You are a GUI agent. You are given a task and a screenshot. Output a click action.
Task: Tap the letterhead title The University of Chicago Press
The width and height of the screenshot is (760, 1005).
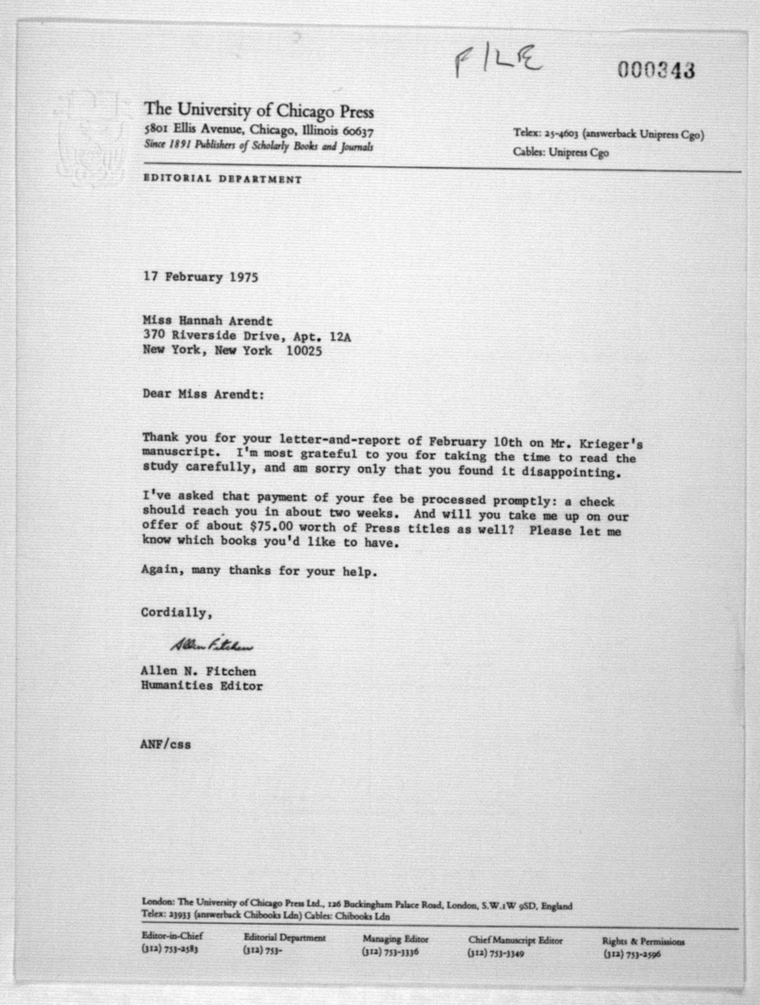(259, 110)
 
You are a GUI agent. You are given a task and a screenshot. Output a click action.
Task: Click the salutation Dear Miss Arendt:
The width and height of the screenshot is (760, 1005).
(203, 394)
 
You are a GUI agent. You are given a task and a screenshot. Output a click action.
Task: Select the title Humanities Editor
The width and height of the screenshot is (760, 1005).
(202, 686)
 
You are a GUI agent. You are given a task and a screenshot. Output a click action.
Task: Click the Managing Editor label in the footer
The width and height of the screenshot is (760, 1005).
(395, 939)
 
